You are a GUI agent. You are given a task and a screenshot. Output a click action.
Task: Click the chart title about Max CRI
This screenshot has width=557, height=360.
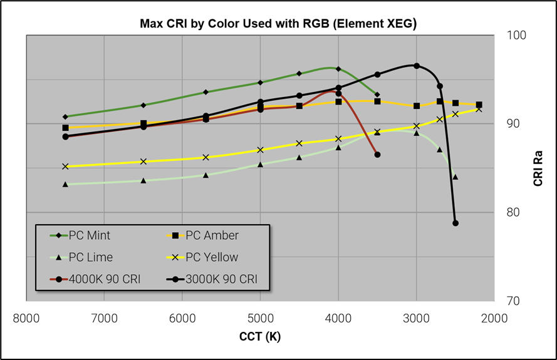[x=278, y=24]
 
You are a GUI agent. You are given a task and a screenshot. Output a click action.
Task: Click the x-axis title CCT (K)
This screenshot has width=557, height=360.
[x=260, y=337]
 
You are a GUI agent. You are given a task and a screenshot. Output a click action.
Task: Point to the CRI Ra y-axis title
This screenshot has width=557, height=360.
[x=538, y=168]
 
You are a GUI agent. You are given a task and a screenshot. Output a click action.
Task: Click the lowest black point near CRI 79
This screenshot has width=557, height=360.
[x=455, y=223]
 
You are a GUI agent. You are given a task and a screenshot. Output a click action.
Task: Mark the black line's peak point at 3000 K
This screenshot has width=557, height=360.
[x=417, y=66]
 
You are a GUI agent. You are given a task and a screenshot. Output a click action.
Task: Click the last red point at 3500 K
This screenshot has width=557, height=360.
[x=377, y=155]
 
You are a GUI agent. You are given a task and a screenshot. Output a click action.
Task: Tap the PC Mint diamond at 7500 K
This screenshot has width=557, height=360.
[x=65, y=116]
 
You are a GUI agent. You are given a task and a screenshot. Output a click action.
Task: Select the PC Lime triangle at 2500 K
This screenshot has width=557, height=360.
[x=455, y=177]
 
